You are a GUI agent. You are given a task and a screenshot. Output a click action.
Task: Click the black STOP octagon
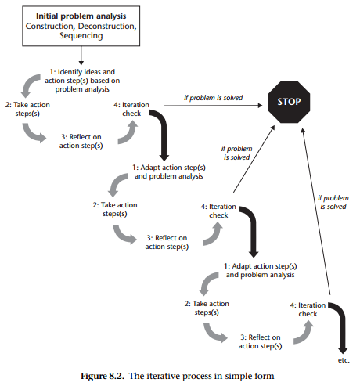point(288,103)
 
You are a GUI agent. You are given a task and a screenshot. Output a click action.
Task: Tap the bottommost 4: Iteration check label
point(308,308)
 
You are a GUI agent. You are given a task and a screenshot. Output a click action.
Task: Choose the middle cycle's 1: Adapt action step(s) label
point(169,171)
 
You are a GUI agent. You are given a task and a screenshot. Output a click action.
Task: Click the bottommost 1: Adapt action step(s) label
point(259,270)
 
